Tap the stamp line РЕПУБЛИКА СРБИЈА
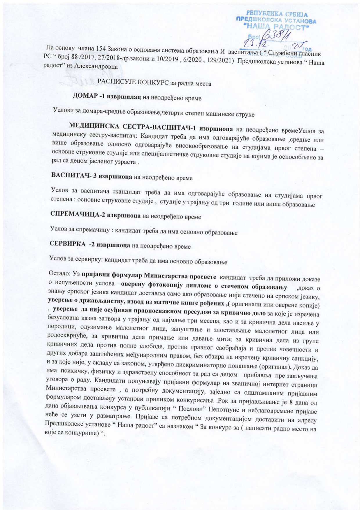(x=277, y=14)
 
